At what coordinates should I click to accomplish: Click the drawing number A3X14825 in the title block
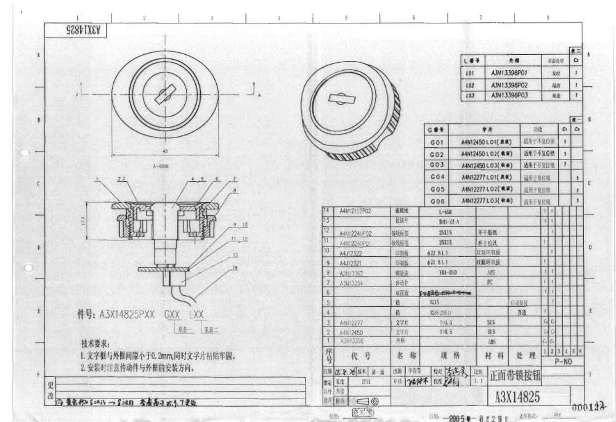coord(517,396)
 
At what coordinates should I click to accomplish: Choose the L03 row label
coord(470,95)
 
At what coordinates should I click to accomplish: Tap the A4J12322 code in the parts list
coord(351,253)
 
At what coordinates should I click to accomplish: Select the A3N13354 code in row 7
coord(352,283)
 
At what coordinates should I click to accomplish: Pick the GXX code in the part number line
coord(172,314)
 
